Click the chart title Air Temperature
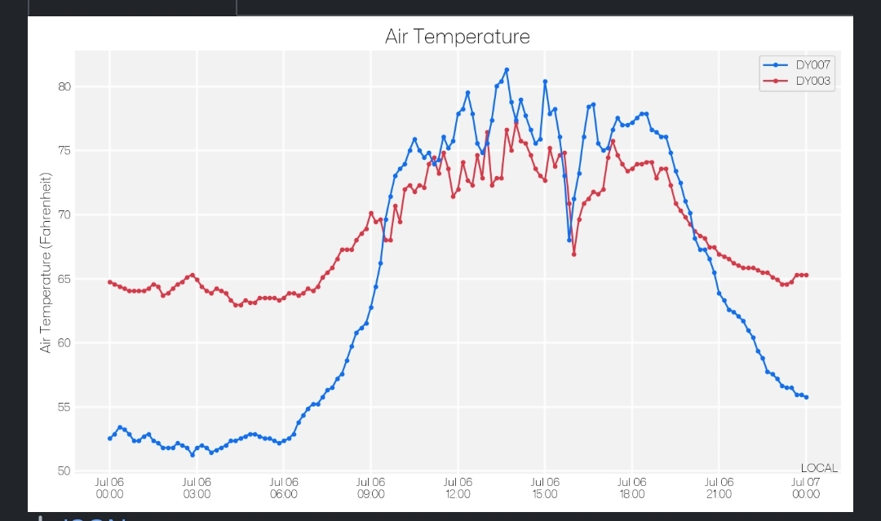tap(457, 37)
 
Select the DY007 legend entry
tap(814, 64)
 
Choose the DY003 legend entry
tap(814, 81)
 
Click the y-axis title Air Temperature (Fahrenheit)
tap(46, 263)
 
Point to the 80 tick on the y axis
tap(64, 87)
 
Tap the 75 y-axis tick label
tap(64, 151)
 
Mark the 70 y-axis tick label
tap(64, 215)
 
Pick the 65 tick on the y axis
tap(64, 279)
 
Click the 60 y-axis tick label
tap(64, 343)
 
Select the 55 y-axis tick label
tap(64, 407)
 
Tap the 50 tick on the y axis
tap(64, 470)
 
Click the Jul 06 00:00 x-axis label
tap(109, 488)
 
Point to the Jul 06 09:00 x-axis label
tap(370, 488)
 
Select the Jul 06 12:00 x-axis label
tap(458, 488)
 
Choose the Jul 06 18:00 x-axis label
tap(632, 488)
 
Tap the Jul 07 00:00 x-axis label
tap(806, 488)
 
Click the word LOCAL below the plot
tap(819, 468)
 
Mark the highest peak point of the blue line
tap(507, 70)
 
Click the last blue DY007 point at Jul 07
tap(806, 397)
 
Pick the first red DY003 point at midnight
tap(110, 282)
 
